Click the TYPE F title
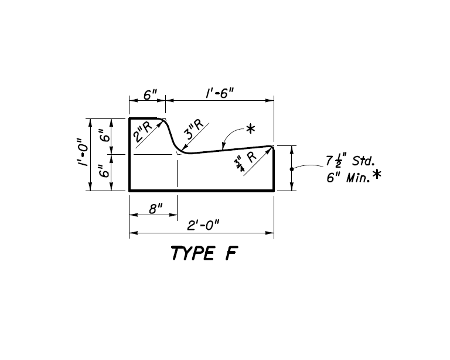click(x=204, y=253)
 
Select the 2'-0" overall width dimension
click(x=203, y=225)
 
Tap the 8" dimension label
click(x=156, y=209)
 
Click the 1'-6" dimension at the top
click(x=220, y=93)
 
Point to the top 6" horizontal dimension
click(x=150, y=94)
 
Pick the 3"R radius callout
click(x=194, y=129)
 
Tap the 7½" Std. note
click(x=350, y=161)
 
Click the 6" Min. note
click(x=349, y=178)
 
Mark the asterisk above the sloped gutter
click(x=251, y=128)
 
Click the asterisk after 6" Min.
click(x=377, y=174)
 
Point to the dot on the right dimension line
click(x=292, y=169)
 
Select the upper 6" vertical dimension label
click(x=105, y=135)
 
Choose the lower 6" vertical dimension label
click(x=105, y=171)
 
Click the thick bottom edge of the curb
click(x=202, y=191)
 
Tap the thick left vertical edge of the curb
click(x=129, y=154)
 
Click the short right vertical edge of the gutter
click(x=274, y=169)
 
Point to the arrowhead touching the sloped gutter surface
click(x=223, y=147)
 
